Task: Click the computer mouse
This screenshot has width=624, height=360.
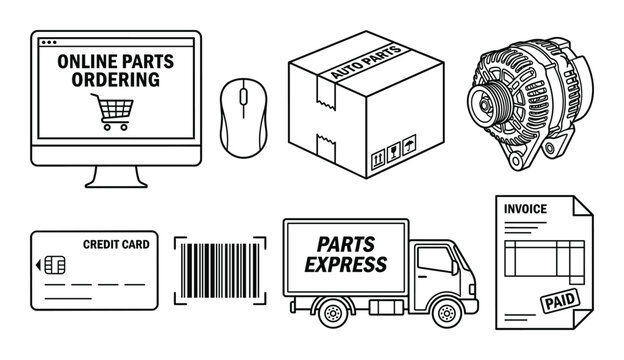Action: point(239,115)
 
